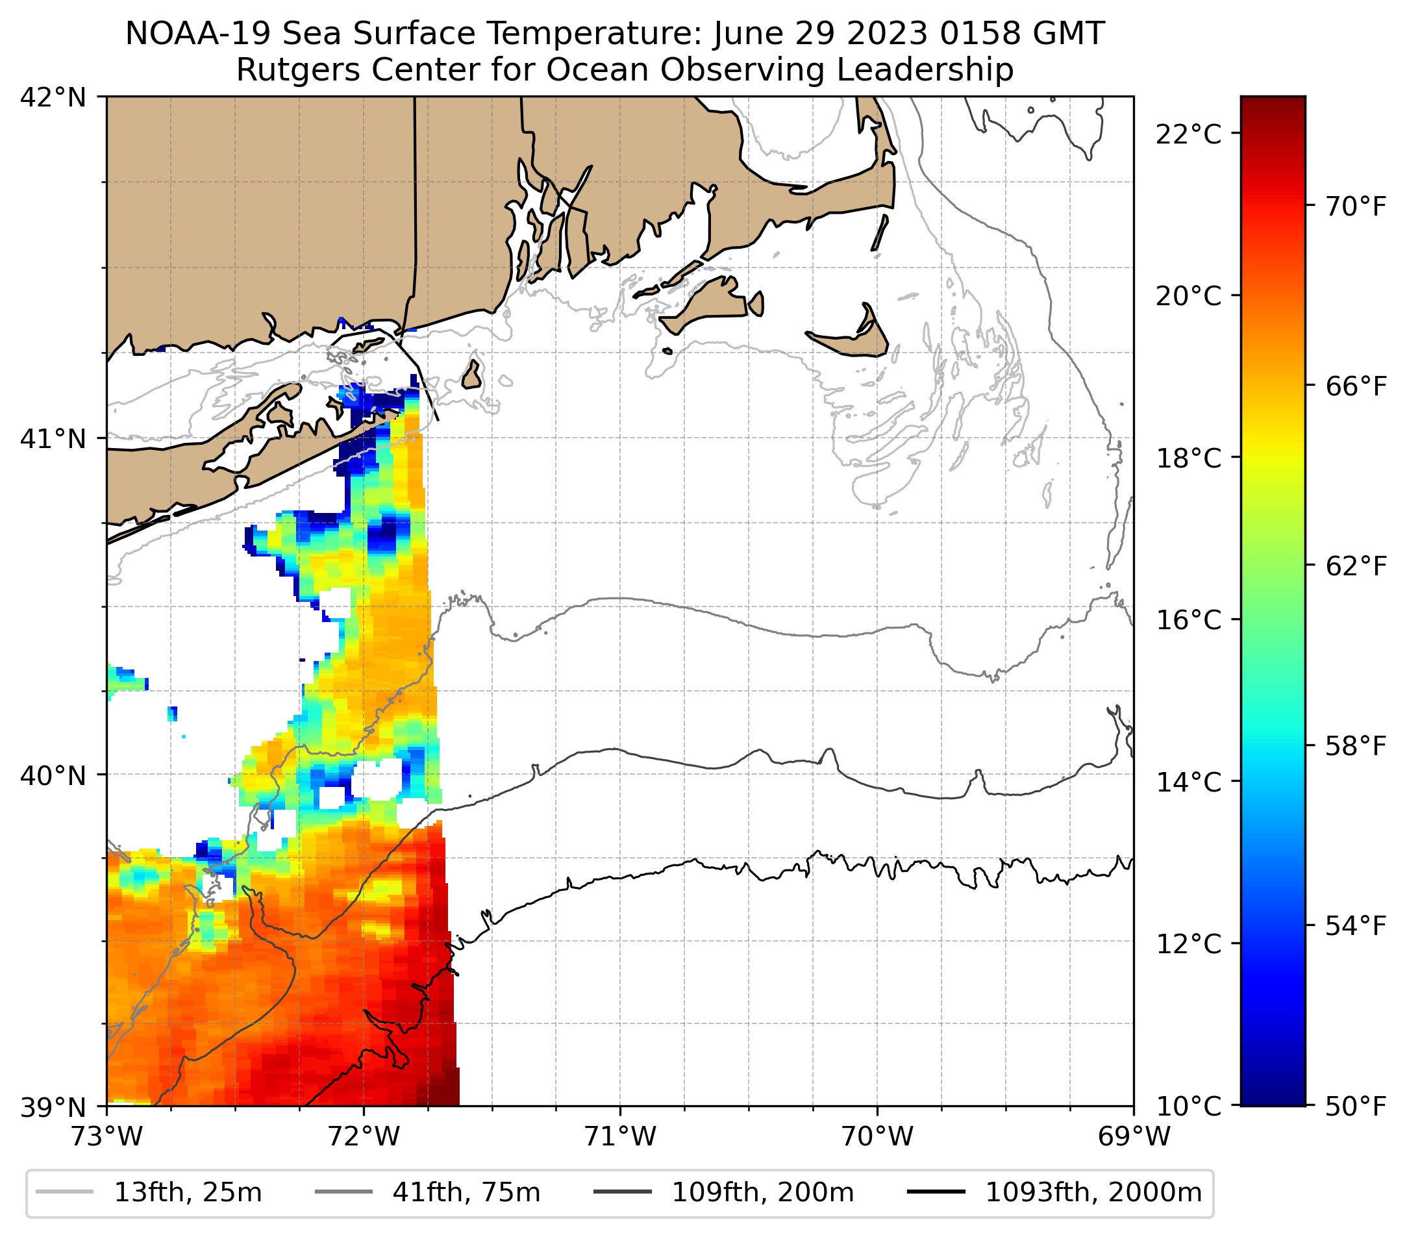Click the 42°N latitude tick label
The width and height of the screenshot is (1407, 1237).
(x=53, y=98)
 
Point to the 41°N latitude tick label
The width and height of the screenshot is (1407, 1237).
(x=53, y=438)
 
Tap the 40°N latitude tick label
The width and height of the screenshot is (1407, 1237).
(x=53, y=776)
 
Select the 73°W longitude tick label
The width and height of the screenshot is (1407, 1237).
(x=106, y=1136)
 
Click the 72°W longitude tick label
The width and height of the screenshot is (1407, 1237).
(x=364, y=1136)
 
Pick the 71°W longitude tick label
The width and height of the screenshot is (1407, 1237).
(x=620, y=1136)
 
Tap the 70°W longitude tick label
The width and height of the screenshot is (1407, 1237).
(x=878, y=1136)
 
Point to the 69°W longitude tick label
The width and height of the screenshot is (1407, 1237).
(x=1134, y=1136)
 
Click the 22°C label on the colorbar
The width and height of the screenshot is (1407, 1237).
(x=1188, y=134)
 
